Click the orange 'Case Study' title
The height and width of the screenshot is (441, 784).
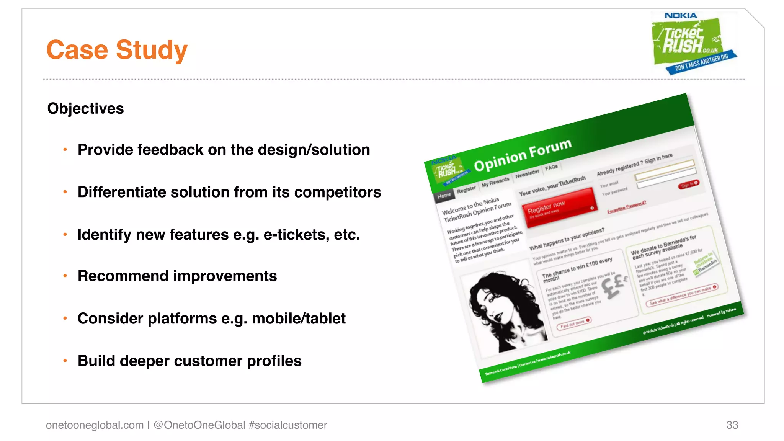coord(117,50)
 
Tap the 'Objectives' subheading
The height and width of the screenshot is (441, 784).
coord(85,108)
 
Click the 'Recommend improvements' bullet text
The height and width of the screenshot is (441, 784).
coord(177,276)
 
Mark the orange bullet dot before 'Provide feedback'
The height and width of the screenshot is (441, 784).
coord(65,149)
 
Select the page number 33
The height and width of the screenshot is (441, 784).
coord(732,425)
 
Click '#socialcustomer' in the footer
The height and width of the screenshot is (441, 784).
coord(287,425)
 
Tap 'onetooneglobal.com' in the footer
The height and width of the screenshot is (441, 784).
coord(95,425)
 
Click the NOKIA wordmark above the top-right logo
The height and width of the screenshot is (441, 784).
coord(680,16)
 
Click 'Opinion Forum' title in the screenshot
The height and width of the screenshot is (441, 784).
coord(523,155)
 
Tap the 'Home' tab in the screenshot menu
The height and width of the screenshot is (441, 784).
coord(444,196)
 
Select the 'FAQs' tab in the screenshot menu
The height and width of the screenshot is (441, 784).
coord(551,167)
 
